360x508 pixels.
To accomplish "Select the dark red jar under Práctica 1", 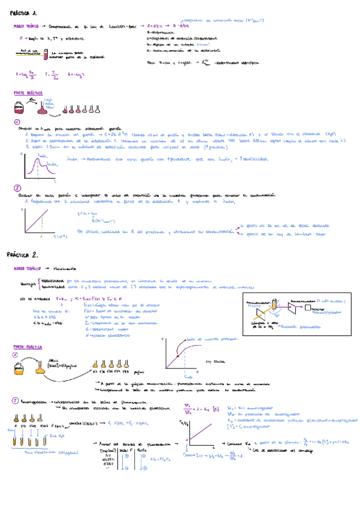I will coord(19,107).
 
